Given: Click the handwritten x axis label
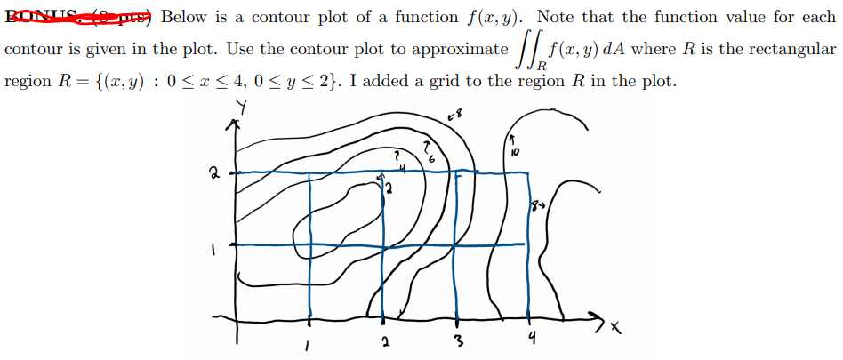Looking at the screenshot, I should [615, 328].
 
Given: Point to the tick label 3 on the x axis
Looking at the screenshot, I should [456, 341].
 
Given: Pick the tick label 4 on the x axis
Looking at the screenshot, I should [532, 338].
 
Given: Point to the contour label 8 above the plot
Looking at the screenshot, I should [455, 116].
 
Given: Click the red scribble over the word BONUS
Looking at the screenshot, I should [79, 15].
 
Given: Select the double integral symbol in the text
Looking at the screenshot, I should [529, 52].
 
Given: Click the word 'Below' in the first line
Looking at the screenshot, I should [185, 17].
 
